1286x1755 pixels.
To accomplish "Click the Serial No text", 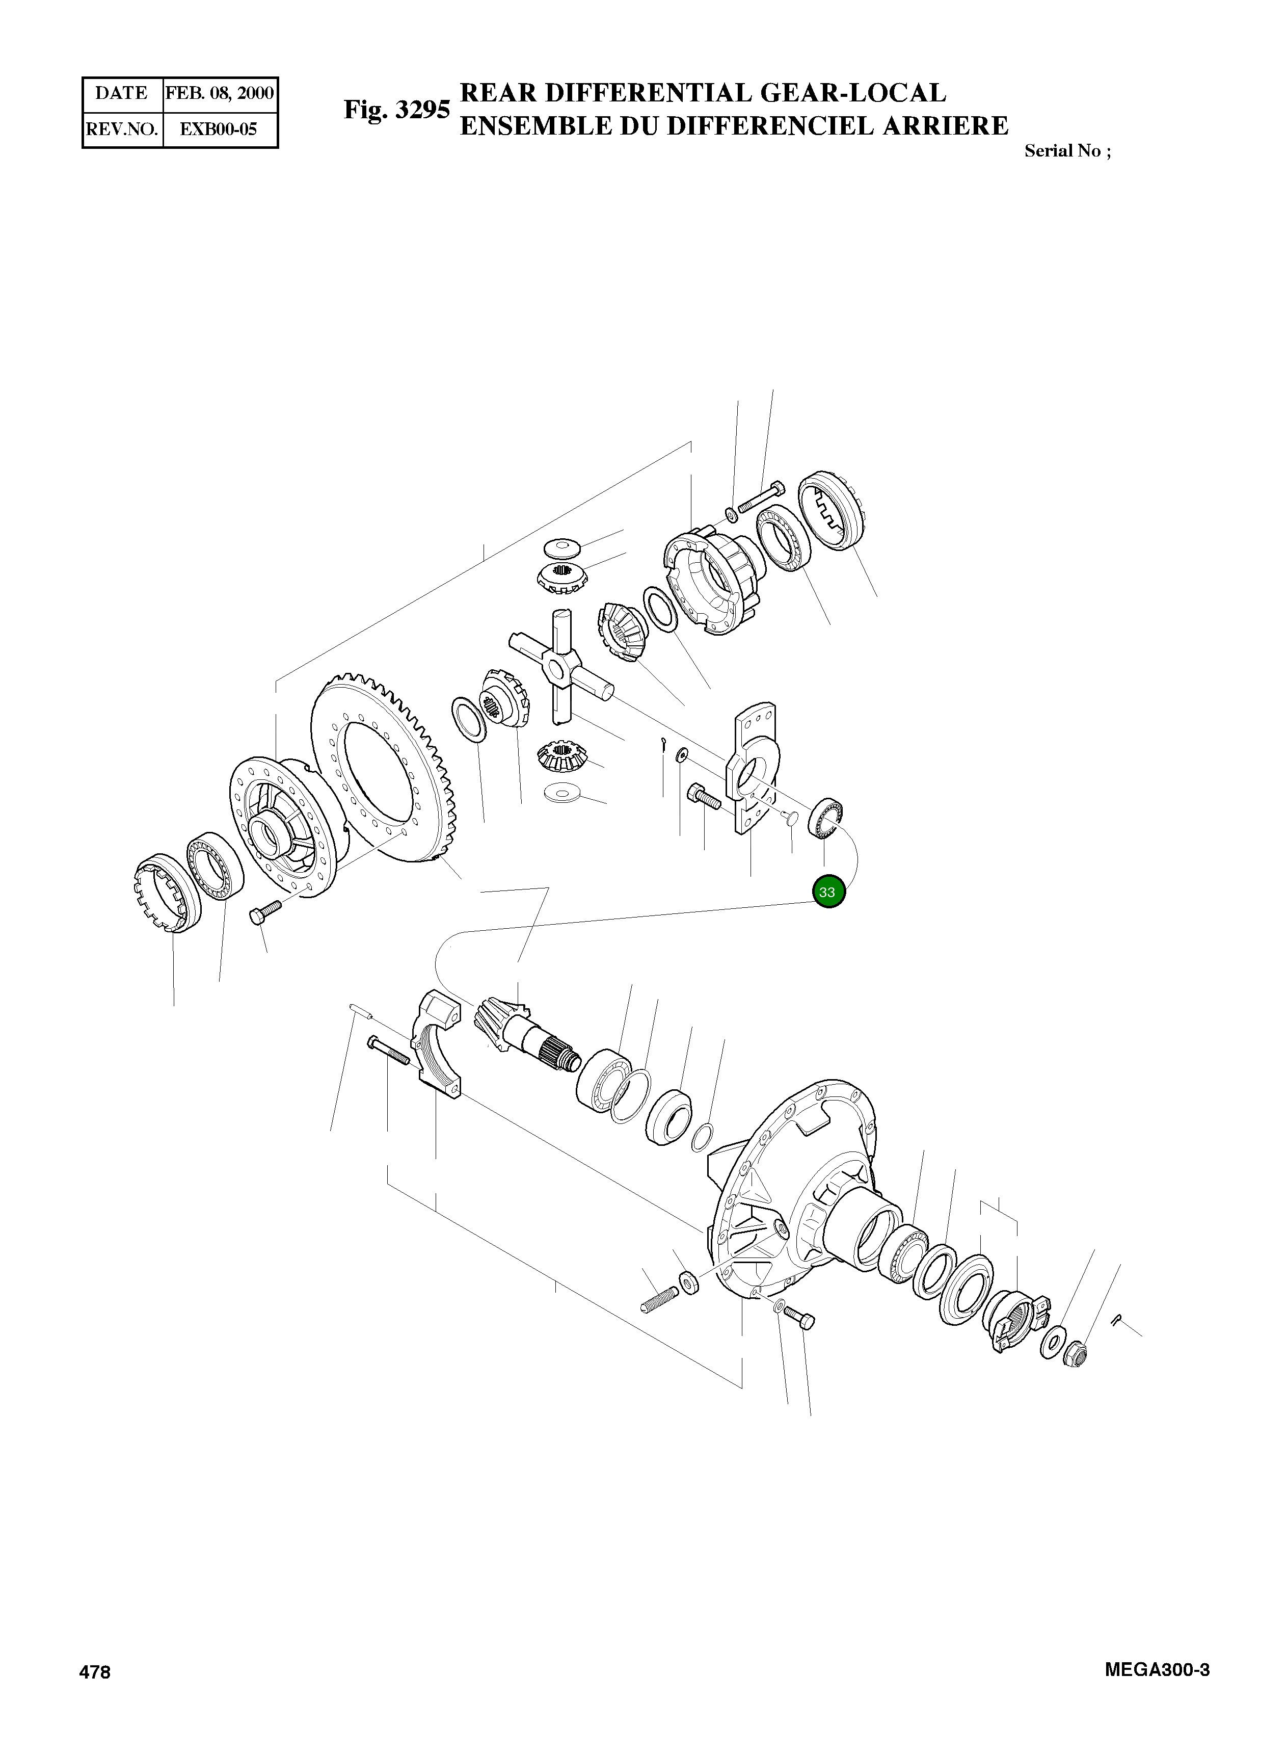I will tap(1066, 151).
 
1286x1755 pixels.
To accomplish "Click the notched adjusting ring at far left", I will tap(166, 893).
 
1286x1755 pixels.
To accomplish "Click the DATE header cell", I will tap(121, 93).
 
